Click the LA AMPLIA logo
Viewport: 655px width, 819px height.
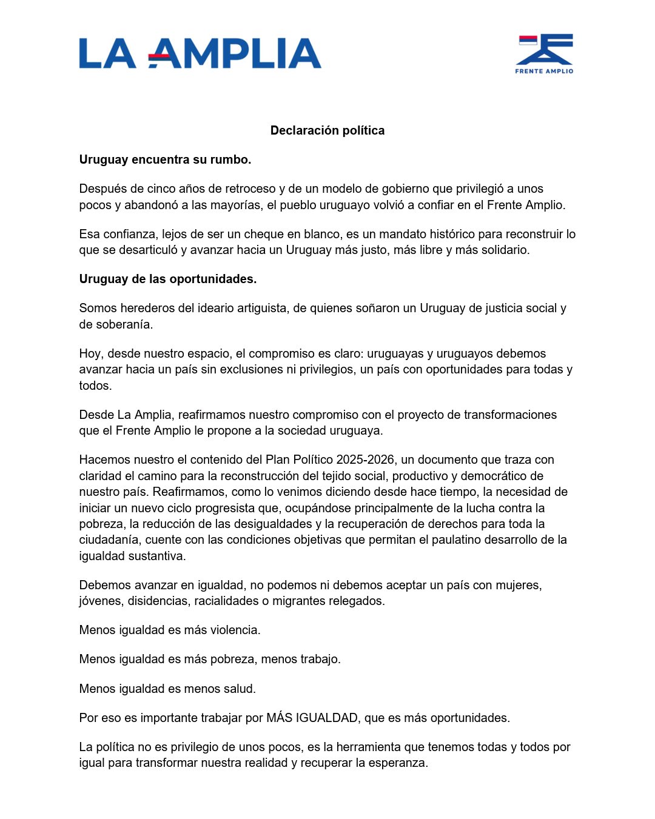pyautogui.click(x=200, y=53)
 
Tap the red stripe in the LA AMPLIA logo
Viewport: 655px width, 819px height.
pyautogui.click(x=160, y=56)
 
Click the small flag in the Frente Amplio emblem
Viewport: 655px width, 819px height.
pyautogui.click(x=528, y=40)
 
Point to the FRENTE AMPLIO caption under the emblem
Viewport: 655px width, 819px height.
pyautogui.click(x=544, y=71)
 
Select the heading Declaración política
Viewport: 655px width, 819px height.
pyautogui.click(x=327, y=130)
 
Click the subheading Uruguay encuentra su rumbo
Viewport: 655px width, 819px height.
pyautogui.click(x=165, y=159)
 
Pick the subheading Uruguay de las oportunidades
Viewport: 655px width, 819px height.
pyautogui.click(x=168, y=279)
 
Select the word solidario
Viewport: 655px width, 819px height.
pyautogui.click(x=503, y=250)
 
